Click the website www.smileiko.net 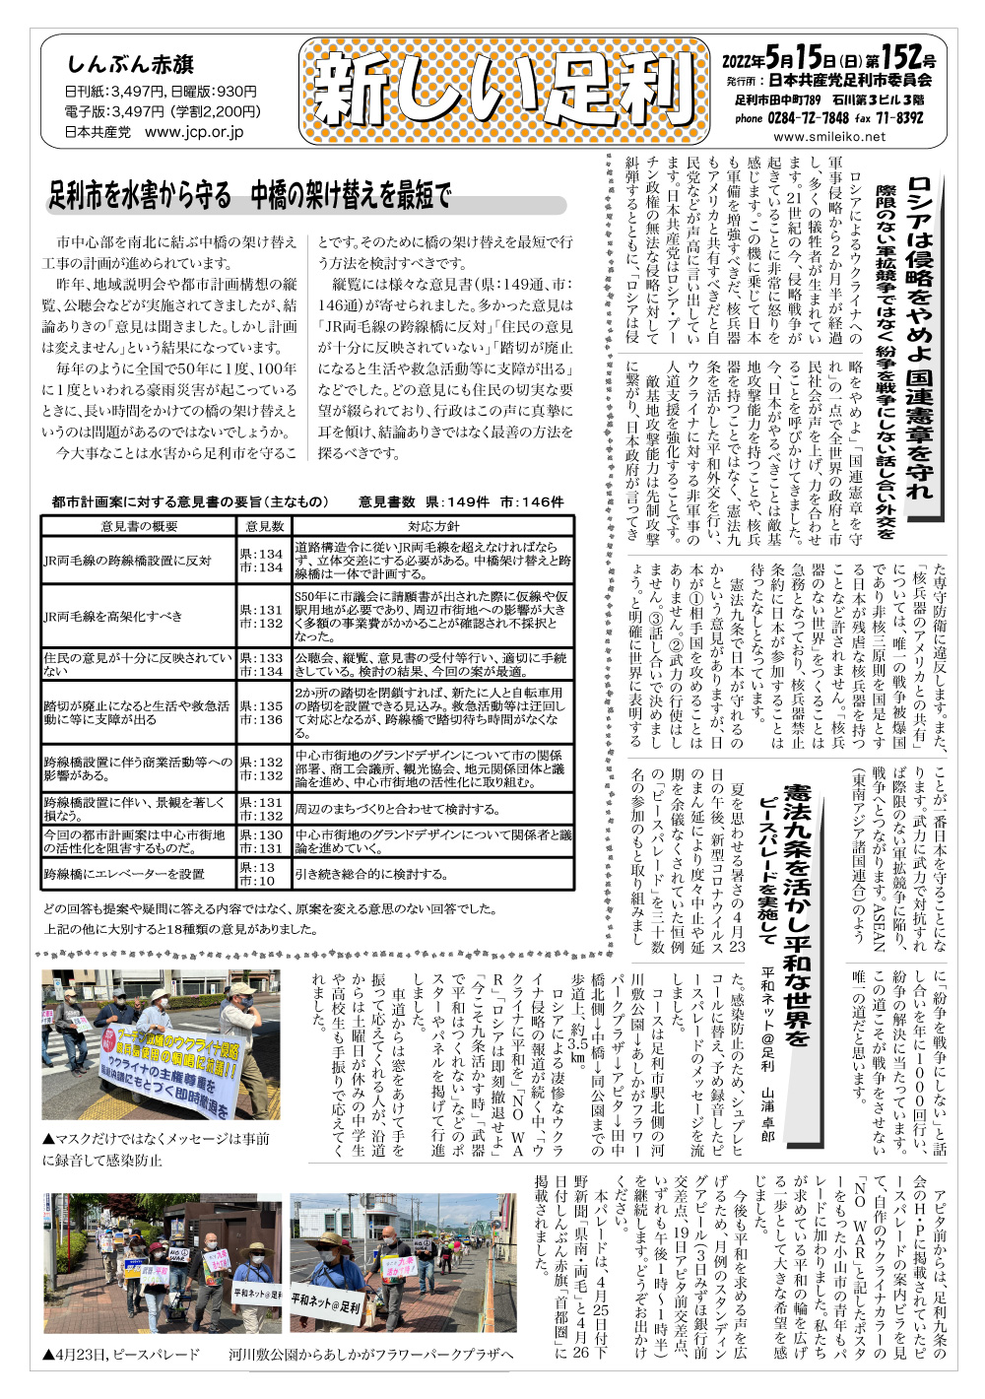point(829,137)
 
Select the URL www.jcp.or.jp point(194,131)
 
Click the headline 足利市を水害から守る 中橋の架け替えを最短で point(250,197)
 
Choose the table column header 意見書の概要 point(139,526)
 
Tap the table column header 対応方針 point(433,526)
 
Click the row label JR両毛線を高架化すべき point(113,616)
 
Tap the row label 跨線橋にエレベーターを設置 point(124,874)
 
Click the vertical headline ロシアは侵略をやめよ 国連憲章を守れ point(920,335)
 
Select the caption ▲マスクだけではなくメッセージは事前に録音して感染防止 point(156,1149)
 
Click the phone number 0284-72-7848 point(809,118)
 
